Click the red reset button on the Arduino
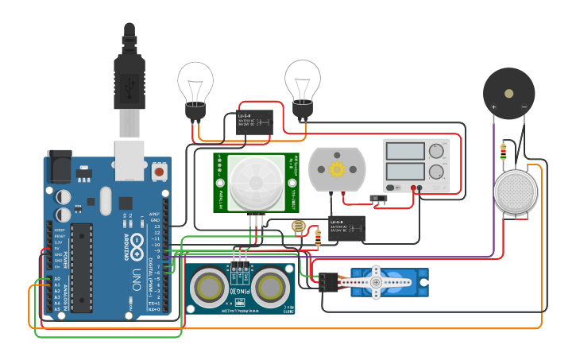point(160,171)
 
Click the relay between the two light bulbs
point(254,122)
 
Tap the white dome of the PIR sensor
point(256,182)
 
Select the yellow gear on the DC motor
point(336,169)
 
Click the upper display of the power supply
point(406,151)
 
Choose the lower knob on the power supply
point(435,171)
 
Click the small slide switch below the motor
point(380,198)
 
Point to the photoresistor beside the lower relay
point(298,227)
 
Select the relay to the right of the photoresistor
point(347,227)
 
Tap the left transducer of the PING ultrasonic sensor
point(209,284)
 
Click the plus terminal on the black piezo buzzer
point(493,106)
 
